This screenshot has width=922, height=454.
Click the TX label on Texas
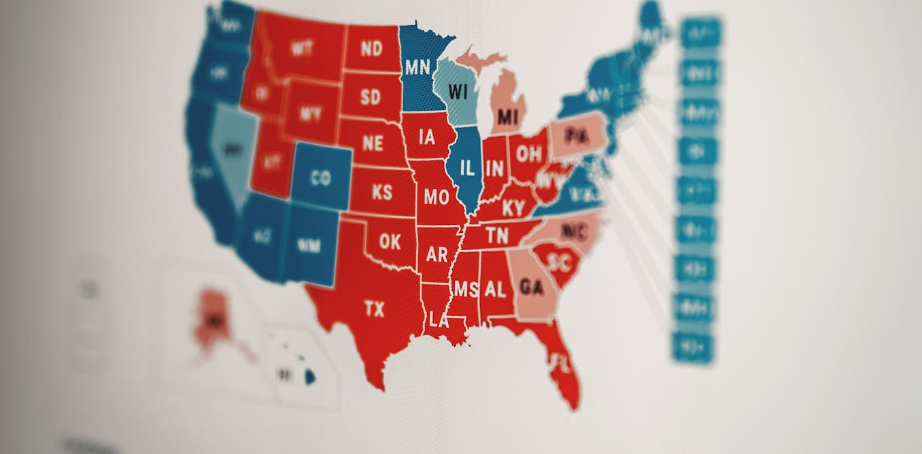pyautogui.click(x=374, y=310)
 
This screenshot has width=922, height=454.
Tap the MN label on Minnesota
pyautogui.click(x=417, y=67)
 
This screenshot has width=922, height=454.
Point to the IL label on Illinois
pyautogui.click(x=467, y=168)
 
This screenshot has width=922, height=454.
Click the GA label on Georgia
pyautogui.click(x=531, y=287)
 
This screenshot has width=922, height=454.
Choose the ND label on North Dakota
pyautogui.click(x=371, y=48)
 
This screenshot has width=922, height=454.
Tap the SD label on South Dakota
pyautogui.click(x=371, y=97)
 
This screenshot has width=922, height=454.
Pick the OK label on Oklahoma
pyautogui.click(x=390, y=241)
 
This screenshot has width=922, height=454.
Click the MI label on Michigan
pyautogui.click(x=507, y=117)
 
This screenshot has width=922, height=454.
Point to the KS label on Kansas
pyautogui.click(x=382, y=192)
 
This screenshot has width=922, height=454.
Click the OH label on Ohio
pyautogui.click(x=528, y=154)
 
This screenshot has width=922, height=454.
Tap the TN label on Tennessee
pyautogui.click(x=497, y=236)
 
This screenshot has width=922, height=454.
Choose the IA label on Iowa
pyautogui.click(x=427, y=138)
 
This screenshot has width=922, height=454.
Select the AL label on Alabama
pyautogui.click(x=495, y=290)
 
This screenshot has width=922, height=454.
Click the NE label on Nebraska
pyautogui.click(x=373, y=143)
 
